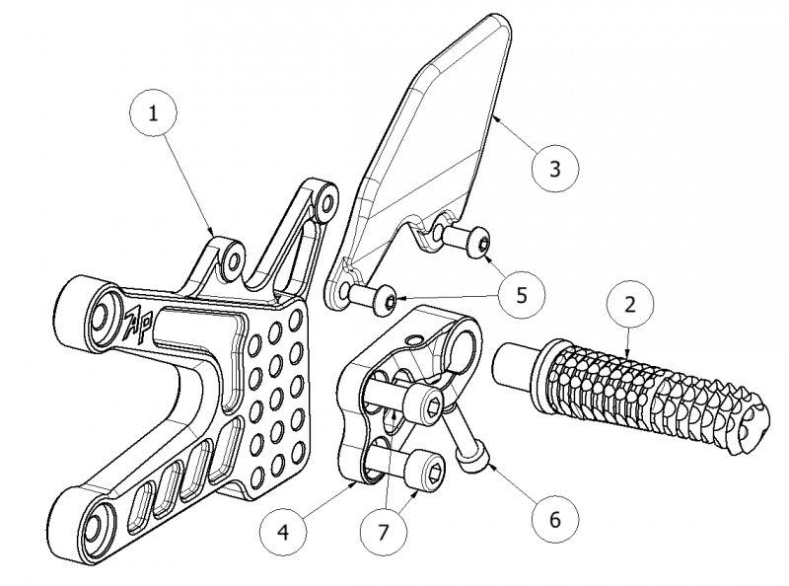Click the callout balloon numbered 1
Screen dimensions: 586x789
tap(153, 113)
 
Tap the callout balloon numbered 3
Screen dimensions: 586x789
tap(555, 169)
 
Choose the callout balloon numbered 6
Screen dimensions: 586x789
tap(553, 516)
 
